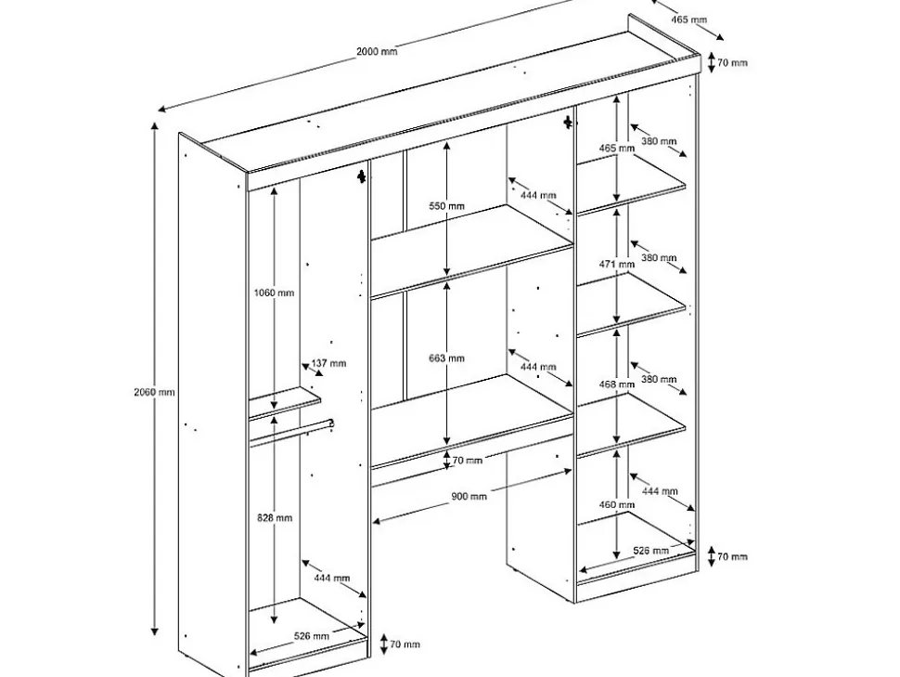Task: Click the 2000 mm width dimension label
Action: coord(377,52)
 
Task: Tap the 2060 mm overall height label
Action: coord(153,392)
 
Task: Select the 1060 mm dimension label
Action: coord(274,293)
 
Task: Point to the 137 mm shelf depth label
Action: coord(329,363)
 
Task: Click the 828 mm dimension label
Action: coord(276,518)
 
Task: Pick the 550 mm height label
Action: coord(448,206)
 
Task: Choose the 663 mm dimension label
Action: coord(448,358)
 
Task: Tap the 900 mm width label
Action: coord(469,497)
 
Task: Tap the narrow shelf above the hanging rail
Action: coord(284,402)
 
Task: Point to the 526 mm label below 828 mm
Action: coord(312,636)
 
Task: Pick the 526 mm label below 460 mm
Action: coord(650,551)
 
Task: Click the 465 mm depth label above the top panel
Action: coord(688,20)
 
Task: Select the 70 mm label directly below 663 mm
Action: coord(467,461)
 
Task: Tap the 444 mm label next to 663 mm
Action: coord(538,368)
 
